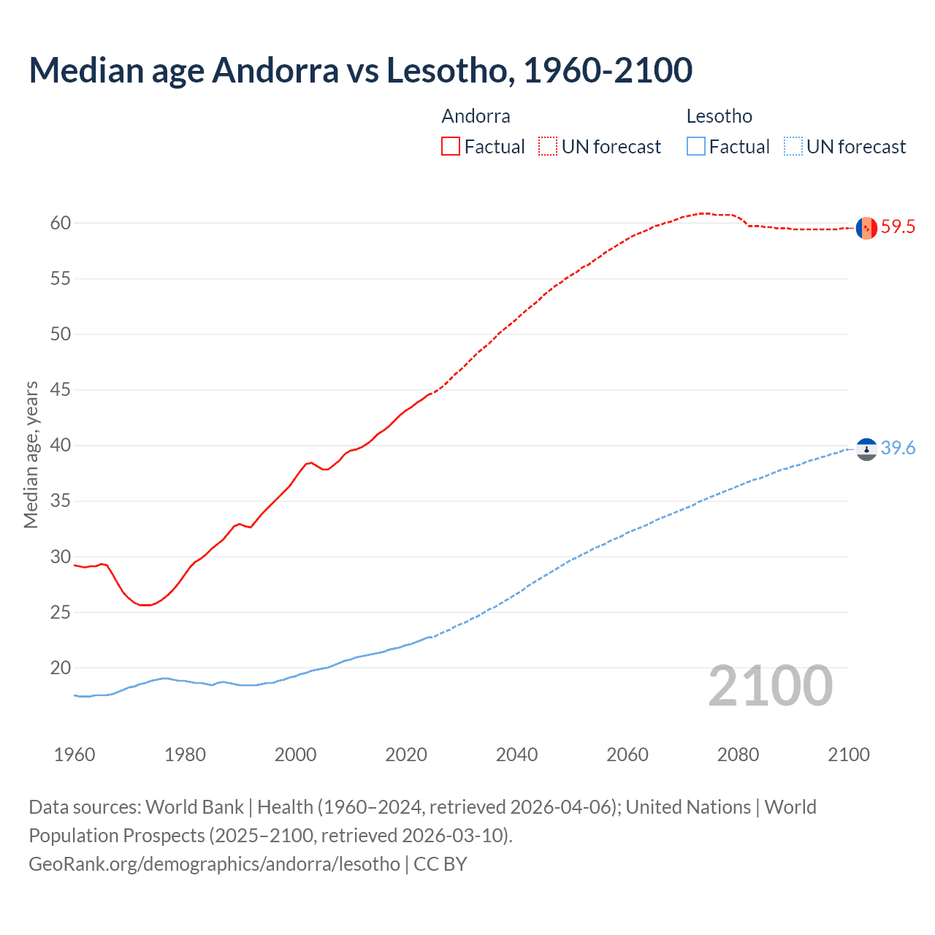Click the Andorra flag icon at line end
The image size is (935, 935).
click(866, 228)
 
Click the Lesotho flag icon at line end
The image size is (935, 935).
click(866, 449)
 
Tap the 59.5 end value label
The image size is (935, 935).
click(898, 227)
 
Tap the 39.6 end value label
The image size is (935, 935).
click(898, 449)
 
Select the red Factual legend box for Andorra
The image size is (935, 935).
click(451, 147)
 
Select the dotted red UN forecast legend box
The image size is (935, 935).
click(548, 147)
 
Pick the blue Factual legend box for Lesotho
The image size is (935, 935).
click(695, 147)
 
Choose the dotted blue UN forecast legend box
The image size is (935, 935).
click(793, 147)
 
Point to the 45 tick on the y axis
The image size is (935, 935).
click(61, 390)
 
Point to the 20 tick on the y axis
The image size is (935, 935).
click(61, 668)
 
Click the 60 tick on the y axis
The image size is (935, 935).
click(61, 224)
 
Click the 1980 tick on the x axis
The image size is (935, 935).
click(185, 755)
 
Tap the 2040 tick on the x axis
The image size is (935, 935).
click(516, 755)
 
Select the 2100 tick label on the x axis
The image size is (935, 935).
click(848, 755)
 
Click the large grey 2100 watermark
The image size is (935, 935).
click(770, 686)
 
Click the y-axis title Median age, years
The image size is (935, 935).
click(31, 454)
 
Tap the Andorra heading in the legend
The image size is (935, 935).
click(476, 116)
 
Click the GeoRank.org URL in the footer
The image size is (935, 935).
click(214, 864)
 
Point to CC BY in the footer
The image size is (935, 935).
click(440, 864)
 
